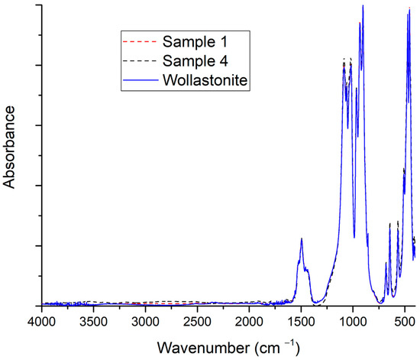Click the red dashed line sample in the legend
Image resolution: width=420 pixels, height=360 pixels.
coord(138,40)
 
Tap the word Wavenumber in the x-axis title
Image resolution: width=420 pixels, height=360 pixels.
coord(201,347)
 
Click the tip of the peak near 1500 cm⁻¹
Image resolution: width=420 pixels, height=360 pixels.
coord(302,239)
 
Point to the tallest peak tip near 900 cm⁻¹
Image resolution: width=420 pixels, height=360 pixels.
coord(363,6)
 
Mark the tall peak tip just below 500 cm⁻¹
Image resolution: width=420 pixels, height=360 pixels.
coord(409,8)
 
